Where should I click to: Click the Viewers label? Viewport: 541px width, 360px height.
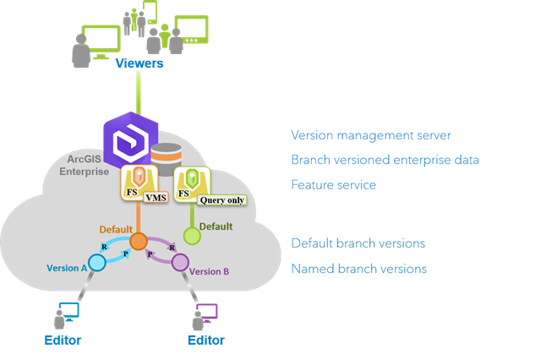pyautogui.click(x=139, y=63)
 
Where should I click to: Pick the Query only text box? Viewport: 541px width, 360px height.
pyautogui.click(x=221, y=199)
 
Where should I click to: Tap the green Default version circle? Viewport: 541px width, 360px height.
pyautogui.click(x=193, y=237)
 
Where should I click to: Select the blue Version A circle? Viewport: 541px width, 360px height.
pyautogui.click(x=97, y=263)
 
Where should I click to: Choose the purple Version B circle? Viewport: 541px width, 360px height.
pyautogui.click(x=180, y=263)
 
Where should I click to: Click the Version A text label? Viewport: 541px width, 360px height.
pyautogui.click(x=67, y=268)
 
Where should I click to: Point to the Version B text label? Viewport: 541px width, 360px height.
pyautogui.click(x=208, y=271)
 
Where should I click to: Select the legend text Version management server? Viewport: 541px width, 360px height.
pyautogui.click(x=370, y=135)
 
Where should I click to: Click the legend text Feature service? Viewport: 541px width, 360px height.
pyautogui.click(x=333, y=183)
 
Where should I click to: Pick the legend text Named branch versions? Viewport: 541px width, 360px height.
pyautogui.click(x=358, y=269)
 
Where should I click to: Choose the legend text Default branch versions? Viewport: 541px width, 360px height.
pyautogui.click(x=358, y=243)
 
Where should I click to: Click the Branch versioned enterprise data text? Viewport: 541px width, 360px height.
pyautogui.click(x=385, y=160)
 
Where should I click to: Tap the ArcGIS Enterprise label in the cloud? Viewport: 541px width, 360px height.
pyautogui.click(x=85, y=166)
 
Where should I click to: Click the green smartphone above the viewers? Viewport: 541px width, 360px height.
pyautogui.click(x=150, y=12)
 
